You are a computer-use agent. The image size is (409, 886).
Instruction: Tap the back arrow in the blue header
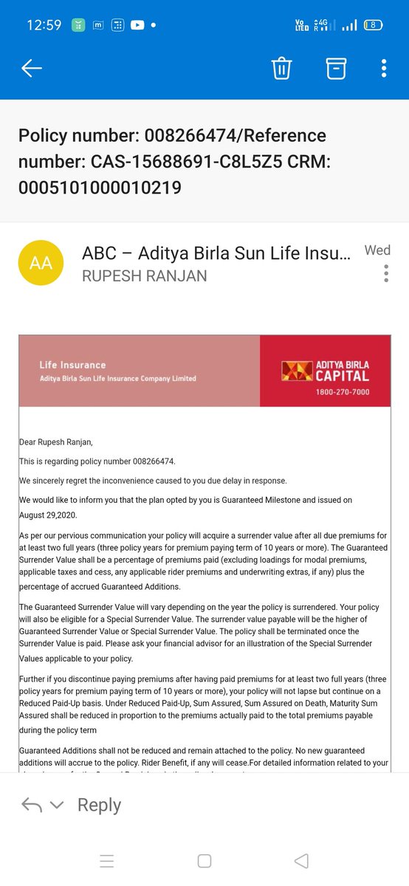[x=32, y=69]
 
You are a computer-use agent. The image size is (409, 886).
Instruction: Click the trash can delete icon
[x=281, y=69]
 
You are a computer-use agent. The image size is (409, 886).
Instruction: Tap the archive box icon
[x=336, y=69]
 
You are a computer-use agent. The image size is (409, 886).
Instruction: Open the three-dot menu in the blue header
[x=384, y=69]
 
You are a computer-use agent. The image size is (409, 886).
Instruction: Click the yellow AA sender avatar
[x=41, y=263]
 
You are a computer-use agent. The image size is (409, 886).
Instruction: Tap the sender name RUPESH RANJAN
[x=145, y=276]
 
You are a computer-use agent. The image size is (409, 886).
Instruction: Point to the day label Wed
[x=377, y=250]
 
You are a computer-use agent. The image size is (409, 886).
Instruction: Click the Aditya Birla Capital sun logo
[x=297, y=370]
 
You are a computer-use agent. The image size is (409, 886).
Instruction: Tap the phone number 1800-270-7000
[x=343, y=391]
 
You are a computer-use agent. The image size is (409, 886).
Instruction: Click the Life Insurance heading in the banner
[x=72, y=365]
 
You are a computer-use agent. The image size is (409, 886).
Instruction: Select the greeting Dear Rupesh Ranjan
[x=56, y=442]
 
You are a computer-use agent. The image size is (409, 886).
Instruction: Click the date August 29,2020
[x=48, y=515]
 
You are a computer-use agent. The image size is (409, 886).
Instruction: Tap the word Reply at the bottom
[x=99, y=805]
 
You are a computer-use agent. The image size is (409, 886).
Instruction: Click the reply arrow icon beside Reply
[x=32, y=805]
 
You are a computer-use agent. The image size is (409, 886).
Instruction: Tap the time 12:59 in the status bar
[x=44, y=24]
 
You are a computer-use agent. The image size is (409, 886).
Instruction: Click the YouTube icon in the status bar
[x=137, y=24]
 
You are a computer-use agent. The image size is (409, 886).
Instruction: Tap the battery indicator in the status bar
[x=374, y=24]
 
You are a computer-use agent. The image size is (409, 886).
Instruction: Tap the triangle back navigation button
[x=301, y=860]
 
